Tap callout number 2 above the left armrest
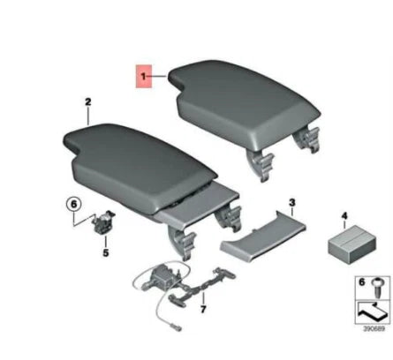pyautogui.click(x=87, y=102)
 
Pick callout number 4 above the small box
pyautogui.click(x=345, y=214)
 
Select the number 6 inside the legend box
pyautogui.click(x=359, y=281)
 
